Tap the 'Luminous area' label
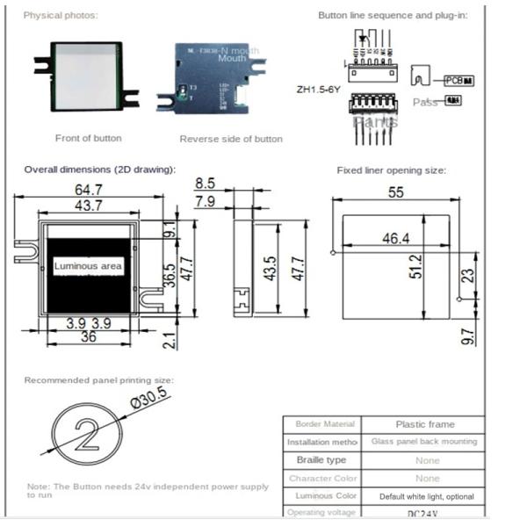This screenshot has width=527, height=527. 88,265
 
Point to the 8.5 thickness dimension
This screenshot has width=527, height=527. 205,184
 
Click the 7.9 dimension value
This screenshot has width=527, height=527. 205,203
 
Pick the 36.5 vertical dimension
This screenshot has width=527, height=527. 170,281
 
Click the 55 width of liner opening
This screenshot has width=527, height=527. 395,191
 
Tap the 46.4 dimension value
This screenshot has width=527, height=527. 395,238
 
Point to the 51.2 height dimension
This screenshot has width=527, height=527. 416,267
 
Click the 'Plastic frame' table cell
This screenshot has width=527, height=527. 425,424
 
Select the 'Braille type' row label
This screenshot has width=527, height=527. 321,460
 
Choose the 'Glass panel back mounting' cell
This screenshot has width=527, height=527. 425,442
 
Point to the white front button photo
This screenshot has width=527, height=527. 85,76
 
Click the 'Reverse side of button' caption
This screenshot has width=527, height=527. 231,139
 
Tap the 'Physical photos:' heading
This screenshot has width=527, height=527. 61,16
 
